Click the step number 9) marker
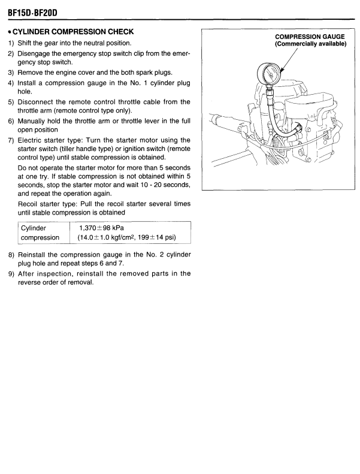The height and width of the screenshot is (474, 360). pos(10,274)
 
